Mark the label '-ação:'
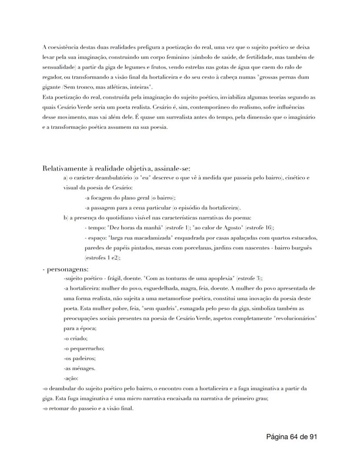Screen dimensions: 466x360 point(71,378)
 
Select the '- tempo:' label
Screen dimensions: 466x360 point(93,228)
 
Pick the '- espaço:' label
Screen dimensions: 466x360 point(95,238)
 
